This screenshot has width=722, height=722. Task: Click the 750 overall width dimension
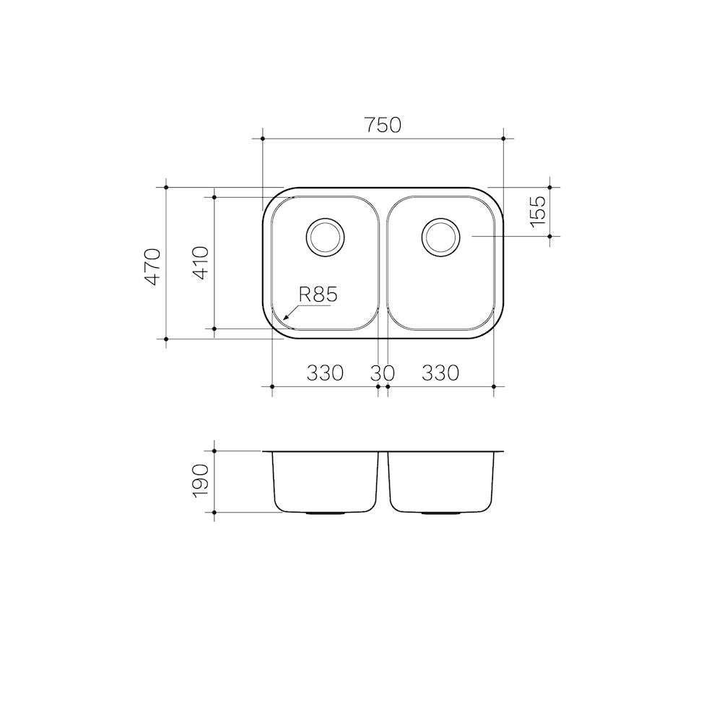point(383,125)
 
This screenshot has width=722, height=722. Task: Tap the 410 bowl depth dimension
point(201,264)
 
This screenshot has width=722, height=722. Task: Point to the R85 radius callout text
point(318,295)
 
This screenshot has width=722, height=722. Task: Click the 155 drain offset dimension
point(537,212)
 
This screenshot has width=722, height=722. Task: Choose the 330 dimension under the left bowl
point(325,373)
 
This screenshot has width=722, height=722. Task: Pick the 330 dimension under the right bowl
point(440,373)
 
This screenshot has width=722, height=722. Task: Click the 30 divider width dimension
point(383,373)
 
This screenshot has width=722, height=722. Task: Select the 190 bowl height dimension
point(201,481)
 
